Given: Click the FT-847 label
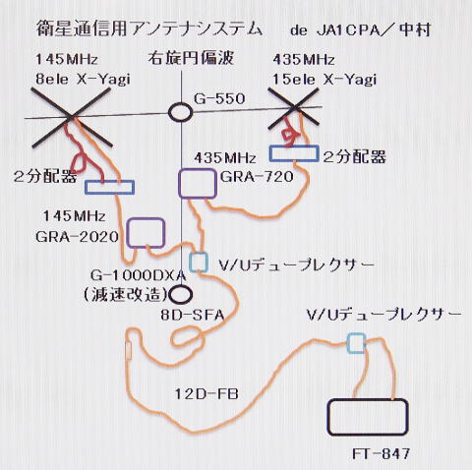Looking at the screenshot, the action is click(381, 454).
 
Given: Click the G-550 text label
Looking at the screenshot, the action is click(219, 98).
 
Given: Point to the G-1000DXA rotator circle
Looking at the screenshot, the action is click(180, 286).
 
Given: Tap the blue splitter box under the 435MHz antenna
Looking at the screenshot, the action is click(294, 147).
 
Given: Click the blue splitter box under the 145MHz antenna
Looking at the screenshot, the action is click(109, 182).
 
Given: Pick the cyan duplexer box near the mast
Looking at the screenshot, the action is click(198, 254).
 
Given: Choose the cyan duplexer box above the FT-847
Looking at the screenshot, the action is click(356, 334).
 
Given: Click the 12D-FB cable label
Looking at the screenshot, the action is click(206, 394).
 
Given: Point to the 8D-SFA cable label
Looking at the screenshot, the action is click(193, 316).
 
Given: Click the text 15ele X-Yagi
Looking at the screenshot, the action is click(324, 80).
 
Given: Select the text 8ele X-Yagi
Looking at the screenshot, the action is click(83, 80).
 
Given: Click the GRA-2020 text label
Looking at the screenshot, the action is click(77, 237).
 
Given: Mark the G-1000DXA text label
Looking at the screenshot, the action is click(138, 275).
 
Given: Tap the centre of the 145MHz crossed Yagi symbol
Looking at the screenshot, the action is click(71, 117).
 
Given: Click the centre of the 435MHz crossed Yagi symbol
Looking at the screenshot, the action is click(294, 106).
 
